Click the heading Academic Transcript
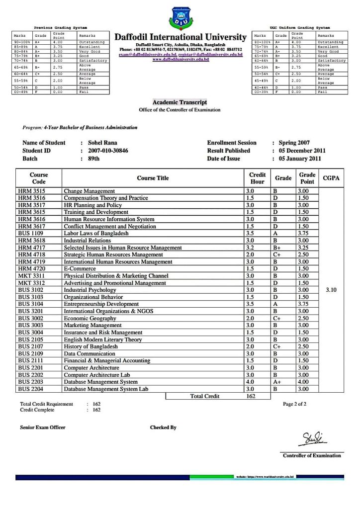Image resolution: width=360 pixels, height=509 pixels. coord(180,102)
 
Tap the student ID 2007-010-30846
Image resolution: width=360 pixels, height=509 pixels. coord(108,151)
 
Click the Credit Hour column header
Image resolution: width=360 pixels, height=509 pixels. coord(257,178)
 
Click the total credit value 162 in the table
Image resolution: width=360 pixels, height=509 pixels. coord(251,396)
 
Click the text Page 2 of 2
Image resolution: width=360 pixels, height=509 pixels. coord(294,404)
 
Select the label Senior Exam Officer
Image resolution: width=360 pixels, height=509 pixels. coord(42,427)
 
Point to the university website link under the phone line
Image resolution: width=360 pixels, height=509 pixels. coord(180,59)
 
